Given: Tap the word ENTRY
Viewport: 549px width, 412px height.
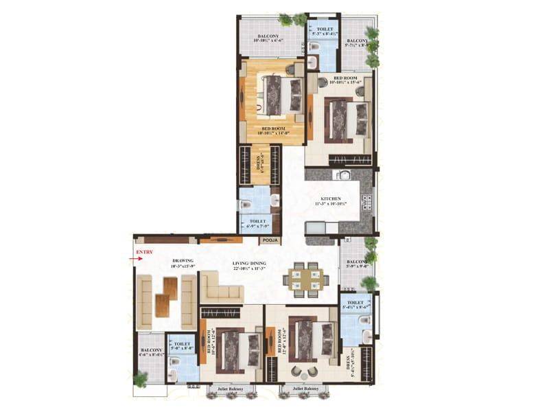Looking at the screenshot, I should pos(143,253).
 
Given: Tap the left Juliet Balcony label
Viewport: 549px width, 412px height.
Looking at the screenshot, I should pos(231,388).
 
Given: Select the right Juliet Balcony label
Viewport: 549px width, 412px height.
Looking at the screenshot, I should pos(304,388).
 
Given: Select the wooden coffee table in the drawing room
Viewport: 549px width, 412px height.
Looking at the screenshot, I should pos(165,296).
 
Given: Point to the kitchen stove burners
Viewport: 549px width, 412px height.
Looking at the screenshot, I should pos(366,201).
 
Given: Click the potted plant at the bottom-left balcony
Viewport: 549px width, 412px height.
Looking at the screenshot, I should pos(140,378).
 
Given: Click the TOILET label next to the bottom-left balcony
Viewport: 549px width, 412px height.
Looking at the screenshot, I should pos(183,344).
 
